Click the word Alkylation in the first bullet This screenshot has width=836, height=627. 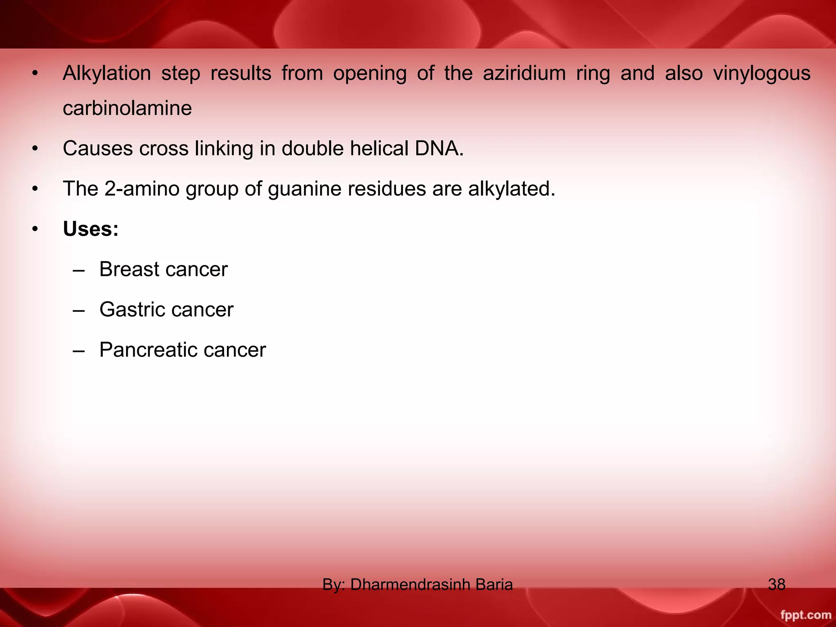coord(107,73)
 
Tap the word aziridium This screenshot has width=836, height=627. coord(524,73)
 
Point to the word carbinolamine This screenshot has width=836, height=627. coord(127,109)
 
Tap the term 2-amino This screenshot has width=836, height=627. coord(142,189)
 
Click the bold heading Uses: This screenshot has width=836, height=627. coord(91,229)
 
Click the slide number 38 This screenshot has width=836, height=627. coord(776,585)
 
